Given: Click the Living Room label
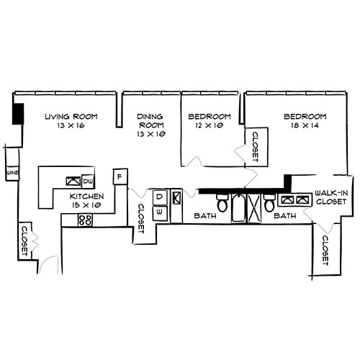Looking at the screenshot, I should pyautogui.click(x=70, y=117).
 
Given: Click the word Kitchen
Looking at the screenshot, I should pyautogui.click(x=87, y=196).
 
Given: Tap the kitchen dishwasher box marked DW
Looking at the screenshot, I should pyautogui.click(x=89, y=181).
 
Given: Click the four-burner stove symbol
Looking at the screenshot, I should pyautogui.click(x=86, y=220).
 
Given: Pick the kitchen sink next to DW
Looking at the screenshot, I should pyautogui.click(x=73, y=181).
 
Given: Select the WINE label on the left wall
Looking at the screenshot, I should pyautogui.click(x=12, y=174).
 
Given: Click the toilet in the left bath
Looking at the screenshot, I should pyautogui.click(x=222, y=204).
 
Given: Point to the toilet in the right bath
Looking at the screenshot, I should pyautogui.click(x=269, y=204).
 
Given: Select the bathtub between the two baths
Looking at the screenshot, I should pyautogui.click(x=238, y=208).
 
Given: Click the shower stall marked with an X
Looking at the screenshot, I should pyautogui.click(x=253, y=208).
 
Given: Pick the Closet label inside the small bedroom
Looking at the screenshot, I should pyautogui.click(x=255, y=146).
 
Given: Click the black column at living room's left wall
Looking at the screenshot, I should pyautogui.click(x=19, y=115).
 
